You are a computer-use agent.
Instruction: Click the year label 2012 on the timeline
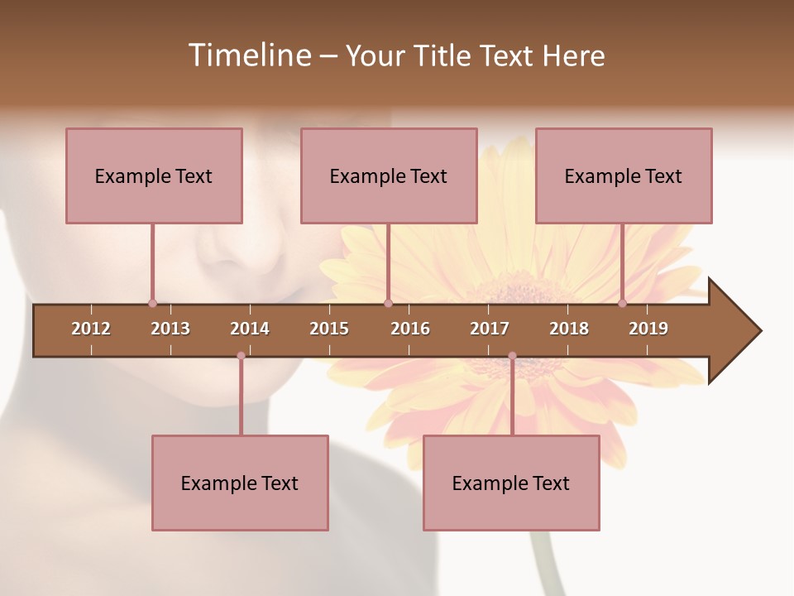point(91,329)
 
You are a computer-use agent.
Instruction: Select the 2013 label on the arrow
point(170,329)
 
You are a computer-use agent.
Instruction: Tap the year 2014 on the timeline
point(250,329)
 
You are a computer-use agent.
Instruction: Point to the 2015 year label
point(329,329)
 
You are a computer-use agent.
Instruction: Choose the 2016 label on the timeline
point(410,329)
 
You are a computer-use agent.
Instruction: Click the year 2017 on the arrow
point(490,329)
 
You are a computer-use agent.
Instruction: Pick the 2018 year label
point(569,329)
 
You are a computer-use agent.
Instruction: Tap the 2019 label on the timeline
point(648,329)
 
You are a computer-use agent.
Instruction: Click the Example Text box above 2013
point(154,175)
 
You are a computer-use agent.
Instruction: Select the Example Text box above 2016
point(389,175)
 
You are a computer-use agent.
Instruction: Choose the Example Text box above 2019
point(624,175)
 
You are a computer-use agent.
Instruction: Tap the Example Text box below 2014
point(240,483)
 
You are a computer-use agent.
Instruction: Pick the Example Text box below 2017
point(511,483)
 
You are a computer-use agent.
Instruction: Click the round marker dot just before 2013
point(152,304)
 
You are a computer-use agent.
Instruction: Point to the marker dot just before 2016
point(388,304)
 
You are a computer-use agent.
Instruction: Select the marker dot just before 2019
point(623,304)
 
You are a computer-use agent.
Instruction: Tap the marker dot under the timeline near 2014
point(241,356)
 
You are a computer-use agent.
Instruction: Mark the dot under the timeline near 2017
point(512,356)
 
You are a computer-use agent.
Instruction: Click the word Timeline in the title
point(248,55)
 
